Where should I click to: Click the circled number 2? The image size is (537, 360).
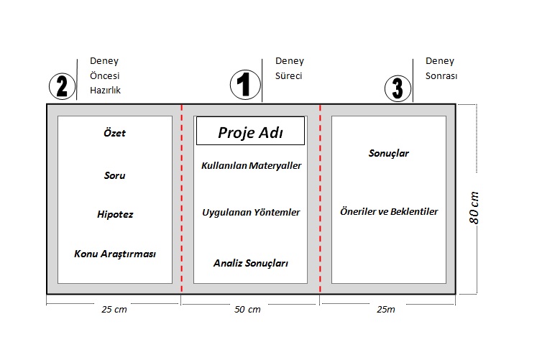62,86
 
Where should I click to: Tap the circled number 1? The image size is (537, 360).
245,85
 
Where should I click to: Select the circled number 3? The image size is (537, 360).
398,88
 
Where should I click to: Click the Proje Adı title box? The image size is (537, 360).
250,131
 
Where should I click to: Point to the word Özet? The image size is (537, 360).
114,133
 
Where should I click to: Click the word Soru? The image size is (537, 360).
114,175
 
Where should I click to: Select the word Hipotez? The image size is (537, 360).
115,215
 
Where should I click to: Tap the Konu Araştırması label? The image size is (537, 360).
115,254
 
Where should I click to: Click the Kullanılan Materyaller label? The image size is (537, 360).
251,165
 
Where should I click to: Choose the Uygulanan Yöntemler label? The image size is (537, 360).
251,213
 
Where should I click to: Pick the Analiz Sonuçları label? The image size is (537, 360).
251,263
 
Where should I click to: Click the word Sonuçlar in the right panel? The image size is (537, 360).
389,153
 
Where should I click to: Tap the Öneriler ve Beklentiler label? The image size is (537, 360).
389,211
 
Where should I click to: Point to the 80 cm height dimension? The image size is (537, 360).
474,208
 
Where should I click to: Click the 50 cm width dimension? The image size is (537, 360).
247,310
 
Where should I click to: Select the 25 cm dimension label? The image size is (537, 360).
114,310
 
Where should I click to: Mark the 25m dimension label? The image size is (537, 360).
386,310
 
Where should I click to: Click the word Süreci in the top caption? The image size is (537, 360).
289,75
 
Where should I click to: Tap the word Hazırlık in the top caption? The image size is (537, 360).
106,90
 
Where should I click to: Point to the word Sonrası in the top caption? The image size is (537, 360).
441,75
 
